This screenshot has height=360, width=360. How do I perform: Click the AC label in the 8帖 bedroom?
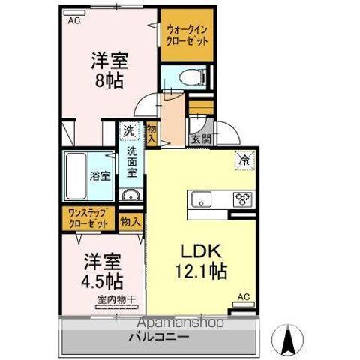coord(73,20)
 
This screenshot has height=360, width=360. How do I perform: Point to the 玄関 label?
coord(200,139)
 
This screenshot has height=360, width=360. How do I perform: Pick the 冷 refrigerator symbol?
coord(244,159)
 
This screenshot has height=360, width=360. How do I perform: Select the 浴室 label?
coord(100,177)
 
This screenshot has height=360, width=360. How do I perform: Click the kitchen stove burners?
coord(244,199)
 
